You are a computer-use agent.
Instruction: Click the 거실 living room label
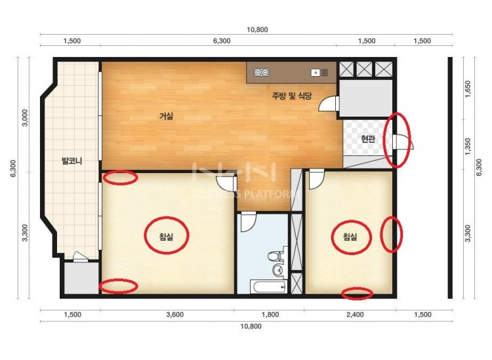point(167,116)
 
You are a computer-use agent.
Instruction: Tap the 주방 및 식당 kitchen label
point(291,96)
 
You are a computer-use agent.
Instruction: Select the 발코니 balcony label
point(72,161)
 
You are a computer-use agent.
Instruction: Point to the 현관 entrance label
point(368,138)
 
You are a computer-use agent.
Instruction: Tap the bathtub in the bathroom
point(268,287)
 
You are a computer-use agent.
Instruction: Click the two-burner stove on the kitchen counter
point(261,73)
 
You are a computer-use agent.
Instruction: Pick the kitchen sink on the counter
point(319,73)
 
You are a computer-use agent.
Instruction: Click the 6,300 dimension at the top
point(222,41)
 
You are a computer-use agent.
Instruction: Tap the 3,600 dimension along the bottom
point(174,315)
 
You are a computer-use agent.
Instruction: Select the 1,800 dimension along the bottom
point(270,315)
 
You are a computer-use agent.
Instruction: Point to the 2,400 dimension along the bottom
point(355,315)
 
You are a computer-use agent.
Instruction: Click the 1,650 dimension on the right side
point(468,89)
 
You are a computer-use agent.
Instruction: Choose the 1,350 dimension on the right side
point(468,146)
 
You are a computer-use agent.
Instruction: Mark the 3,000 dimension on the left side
point(26,117)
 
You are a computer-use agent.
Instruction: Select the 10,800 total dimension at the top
point(257,30)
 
